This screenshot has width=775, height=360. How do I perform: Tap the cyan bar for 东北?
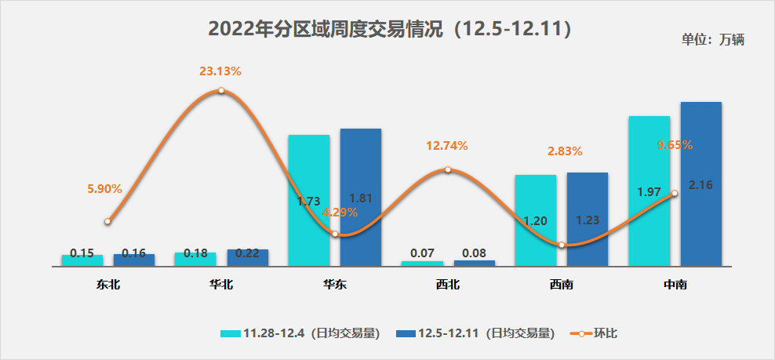[82, 260]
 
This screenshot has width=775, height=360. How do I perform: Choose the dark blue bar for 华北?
[248, 258]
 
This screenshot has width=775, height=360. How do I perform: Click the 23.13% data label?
[220, 71]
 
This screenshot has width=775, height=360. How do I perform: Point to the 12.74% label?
[447, 146]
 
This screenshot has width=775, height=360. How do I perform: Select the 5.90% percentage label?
[104, 189]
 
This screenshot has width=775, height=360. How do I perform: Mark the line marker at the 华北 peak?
[221, 90]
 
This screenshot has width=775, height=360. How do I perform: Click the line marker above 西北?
[447, 169]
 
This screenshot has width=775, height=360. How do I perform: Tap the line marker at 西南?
[562, 245]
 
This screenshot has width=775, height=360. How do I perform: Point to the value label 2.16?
[700, 186]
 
